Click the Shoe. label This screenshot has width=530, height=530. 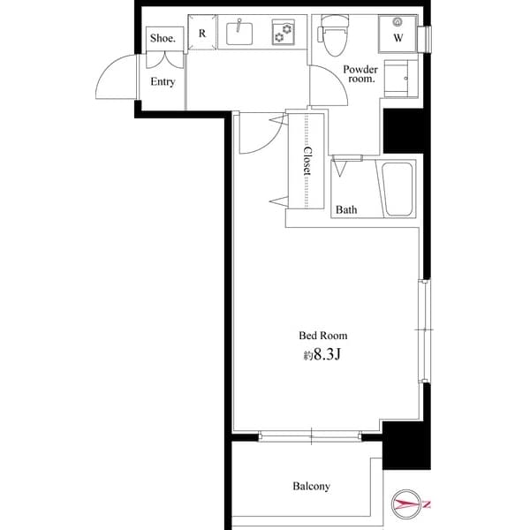tap(163, 38)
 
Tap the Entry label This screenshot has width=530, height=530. tap(163, 82)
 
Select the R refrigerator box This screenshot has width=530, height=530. tap(202, 34)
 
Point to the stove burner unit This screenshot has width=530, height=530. tap(284, 34)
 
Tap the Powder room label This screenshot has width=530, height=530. tap(360, 73)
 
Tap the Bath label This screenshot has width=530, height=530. tap(346, 210)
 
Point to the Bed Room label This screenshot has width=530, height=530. tap(322, 336)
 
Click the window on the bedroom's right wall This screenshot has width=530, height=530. tap(424, 330)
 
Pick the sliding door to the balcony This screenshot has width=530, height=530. tap(311, 435)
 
